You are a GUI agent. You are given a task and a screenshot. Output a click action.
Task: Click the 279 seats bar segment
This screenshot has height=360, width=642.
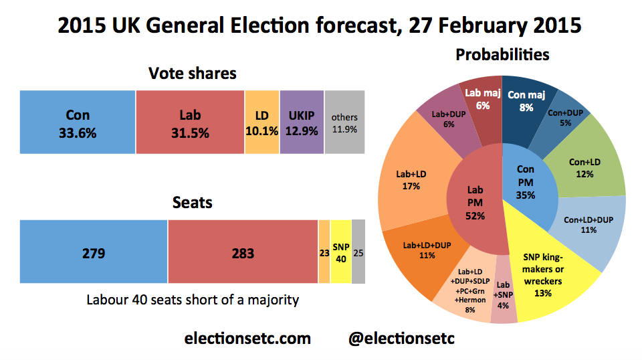94,253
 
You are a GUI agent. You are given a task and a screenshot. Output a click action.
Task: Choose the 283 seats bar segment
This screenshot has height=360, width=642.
243,253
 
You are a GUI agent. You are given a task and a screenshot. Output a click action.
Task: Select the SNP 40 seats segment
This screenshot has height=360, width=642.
340,253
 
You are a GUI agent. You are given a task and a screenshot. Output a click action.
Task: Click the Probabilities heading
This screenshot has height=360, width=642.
502,55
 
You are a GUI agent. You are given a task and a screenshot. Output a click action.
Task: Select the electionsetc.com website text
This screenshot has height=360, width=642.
247,339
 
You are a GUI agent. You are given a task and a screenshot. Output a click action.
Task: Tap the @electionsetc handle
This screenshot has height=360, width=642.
402,339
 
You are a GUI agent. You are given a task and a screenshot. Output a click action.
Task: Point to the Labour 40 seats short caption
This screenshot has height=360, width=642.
193,299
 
